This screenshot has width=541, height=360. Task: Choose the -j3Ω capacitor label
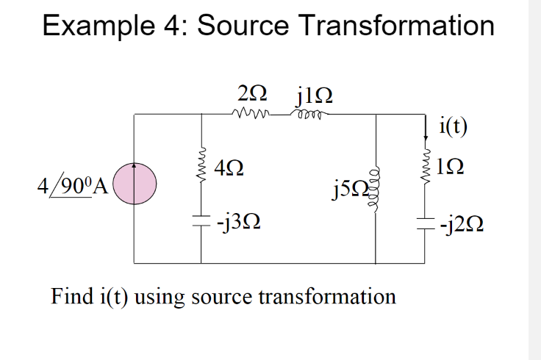click(234, 220)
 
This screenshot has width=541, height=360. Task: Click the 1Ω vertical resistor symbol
click(424, 169)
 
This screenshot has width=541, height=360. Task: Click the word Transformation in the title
click(396, 26)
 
